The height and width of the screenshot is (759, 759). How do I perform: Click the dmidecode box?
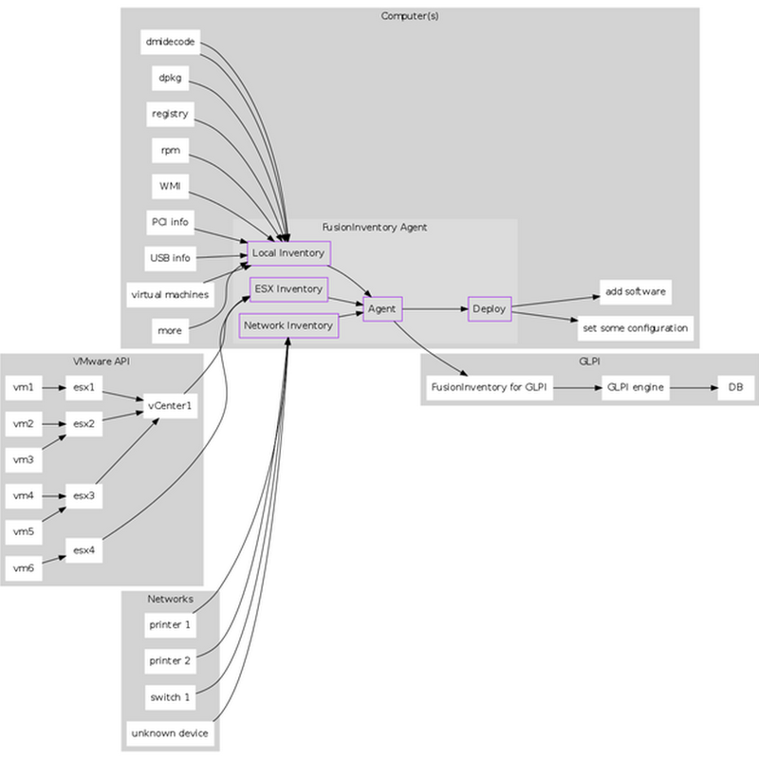170,42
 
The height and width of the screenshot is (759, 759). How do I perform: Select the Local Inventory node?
288,253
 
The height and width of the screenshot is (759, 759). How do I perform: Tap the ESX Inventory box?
288,289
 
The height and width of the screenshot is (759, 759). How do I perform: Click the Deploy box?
490,309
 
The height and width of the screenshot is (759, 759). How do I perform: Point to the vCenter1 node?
171,406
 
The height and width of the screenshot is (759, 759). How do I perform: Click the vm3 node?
24,460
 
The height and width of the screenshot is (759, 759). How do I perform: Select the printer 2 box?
170,660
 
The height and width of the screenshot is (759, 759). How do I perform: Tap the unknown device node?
170,733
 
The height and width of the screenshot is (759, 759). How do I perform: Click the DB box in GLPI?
735,387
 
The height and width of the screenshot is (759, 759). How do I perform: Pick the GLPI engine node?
635,387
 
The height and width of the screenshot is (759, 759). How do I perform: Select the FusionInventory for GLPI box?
490,387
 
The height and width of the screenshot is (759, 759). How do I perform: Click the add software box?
636,291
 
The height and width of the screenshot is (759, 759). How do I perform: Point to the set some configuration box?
636,328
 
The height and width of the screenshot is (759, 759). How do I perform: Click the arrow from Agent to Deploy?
435,309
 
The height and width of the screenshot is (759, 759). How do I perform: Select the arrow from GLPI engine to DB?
693,387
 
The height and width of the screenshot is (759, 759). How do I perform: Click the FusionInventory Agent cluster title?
375,228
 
